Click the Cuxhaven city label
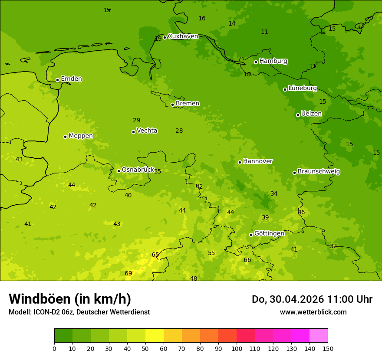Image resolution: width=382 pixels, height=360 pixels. coord(183,36)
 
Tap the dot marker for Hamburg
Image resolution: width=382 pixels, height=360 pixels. coord(256,62)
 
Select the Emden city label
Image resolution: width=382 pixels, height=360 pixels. coord(71,79)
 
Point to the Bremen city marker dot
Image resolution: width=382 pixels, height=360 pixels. coord(172,105)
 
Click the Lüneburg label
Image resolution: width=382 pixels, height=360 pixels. coord(303,88)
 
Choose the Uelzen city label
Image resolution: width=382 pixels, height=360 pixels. coord(311,114)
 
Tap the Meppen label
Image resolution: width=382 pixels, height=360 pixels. coord(81,136)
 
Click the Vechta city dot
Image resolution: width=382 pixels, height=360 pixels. coord(133,132)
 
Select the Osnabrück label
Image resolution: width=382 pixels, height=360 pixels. coord(138,170)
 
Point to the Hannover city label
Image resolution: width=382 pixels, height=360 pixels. coord(258,161)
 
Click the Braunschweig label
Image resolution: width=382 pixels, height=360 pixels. coord(319,172)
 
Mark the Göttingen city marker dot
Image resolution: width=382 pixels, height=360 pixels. coord(251,235)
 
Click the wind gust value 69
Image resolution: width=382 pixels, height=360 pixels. coord(128,273)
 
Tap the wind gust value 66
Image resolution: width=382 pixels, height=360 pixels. coord(247,260)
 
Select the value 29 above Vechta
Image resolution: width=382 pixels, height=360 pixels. coord(137,121)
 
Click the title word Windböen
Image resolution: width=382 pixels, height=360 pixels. coord(40,299)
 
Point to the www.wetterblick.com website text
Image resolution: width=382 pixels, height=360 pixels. coord(313,312)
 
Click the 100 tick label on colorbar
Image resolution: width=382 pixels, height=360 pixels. coord(237,348)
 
